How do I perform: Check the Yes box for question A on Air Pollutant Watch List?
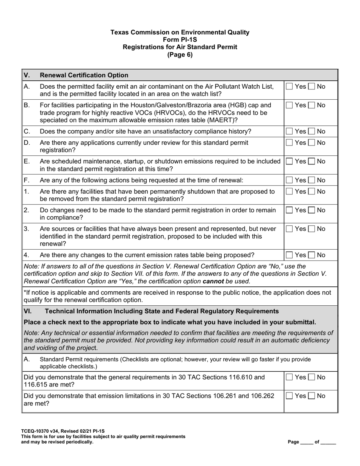point(290,86)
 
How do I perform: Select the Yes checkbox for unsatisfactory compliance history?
point(290,131)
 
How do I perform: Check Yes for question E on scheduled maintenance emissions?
point(290,161)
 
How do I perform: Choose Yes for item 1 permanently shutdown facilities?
point(290,191)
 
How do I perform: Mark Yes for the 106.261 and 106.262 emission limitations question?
point(290,396)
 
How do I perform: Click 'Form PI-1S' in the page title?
point(180,40)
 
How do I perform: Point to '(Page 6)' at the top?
point(180,55)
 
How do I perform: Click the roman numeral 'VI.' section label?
point(28,311)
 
